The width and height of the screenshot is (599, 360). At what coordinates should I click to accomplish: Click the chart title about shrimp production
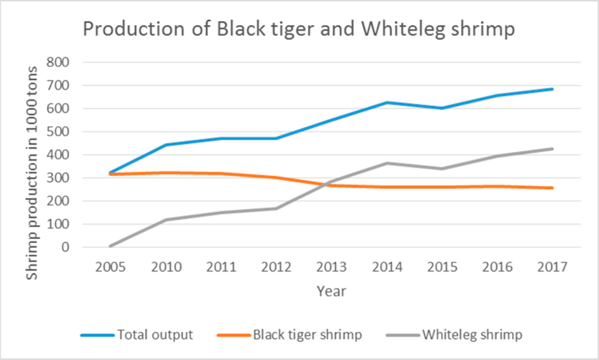(x=298, y=30)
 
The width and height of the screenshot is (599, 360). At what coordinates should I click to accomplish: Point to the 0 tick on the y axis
(x=67, y=247)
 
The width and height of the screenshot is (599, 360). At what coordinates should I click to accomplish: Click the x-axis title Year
(x=331, y=291)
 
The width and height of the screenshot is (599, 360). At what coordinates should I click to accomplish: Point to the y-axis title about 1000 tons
(x=33, y=173)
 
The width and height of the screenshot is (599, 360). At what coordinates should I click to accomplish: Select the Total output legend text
(x=155, y=335)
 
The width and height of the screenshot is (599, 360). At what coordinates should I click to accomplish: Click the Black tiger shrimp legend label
(x=307, y=335)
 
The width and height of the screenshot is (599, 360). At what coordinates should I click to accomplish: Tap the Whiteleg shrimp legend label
(x=472, y=335)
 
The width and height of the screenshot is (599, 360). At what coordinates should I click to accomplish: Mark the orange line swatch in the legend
(x=232, y=336)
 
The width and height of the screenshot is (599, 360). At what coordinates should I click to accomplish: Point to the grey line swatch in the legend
(x=402, y=336)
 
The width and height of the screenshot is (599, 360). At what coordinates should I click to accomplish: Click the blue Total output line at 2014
(x=387, y=102)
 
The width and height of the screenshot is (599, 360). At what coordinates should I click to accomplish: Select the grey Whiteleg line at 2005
(x=110, y=246)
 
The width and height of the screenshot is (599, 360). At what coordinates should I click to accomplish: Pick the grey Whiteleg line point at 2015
(x=443, y=169)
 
